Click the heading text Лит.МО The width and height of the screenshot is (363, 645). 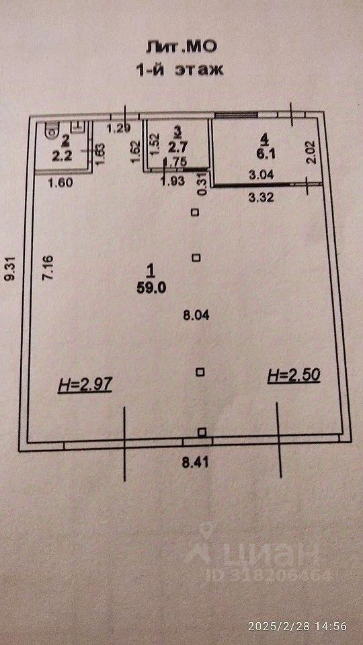pos(181,47)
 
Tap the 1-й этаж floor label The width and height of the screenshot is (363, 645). pos(179,69)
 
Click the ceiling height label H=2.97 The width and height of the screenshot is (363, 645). pos(85,386)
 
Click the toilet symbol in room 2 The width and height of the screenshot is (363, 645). pos(52,129)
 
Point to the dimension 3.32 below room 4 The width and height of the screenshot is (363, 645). pos(261,198)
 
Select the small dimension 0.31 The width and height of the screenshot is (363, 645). pos(202,185)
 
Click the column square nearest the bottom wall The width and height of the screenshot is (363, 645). pos(202,432)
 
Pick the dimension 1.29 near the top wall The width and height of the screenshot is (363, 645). pos(118,128)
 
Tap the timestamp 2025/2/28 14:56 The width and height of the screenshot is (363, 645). pos(297,626)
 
